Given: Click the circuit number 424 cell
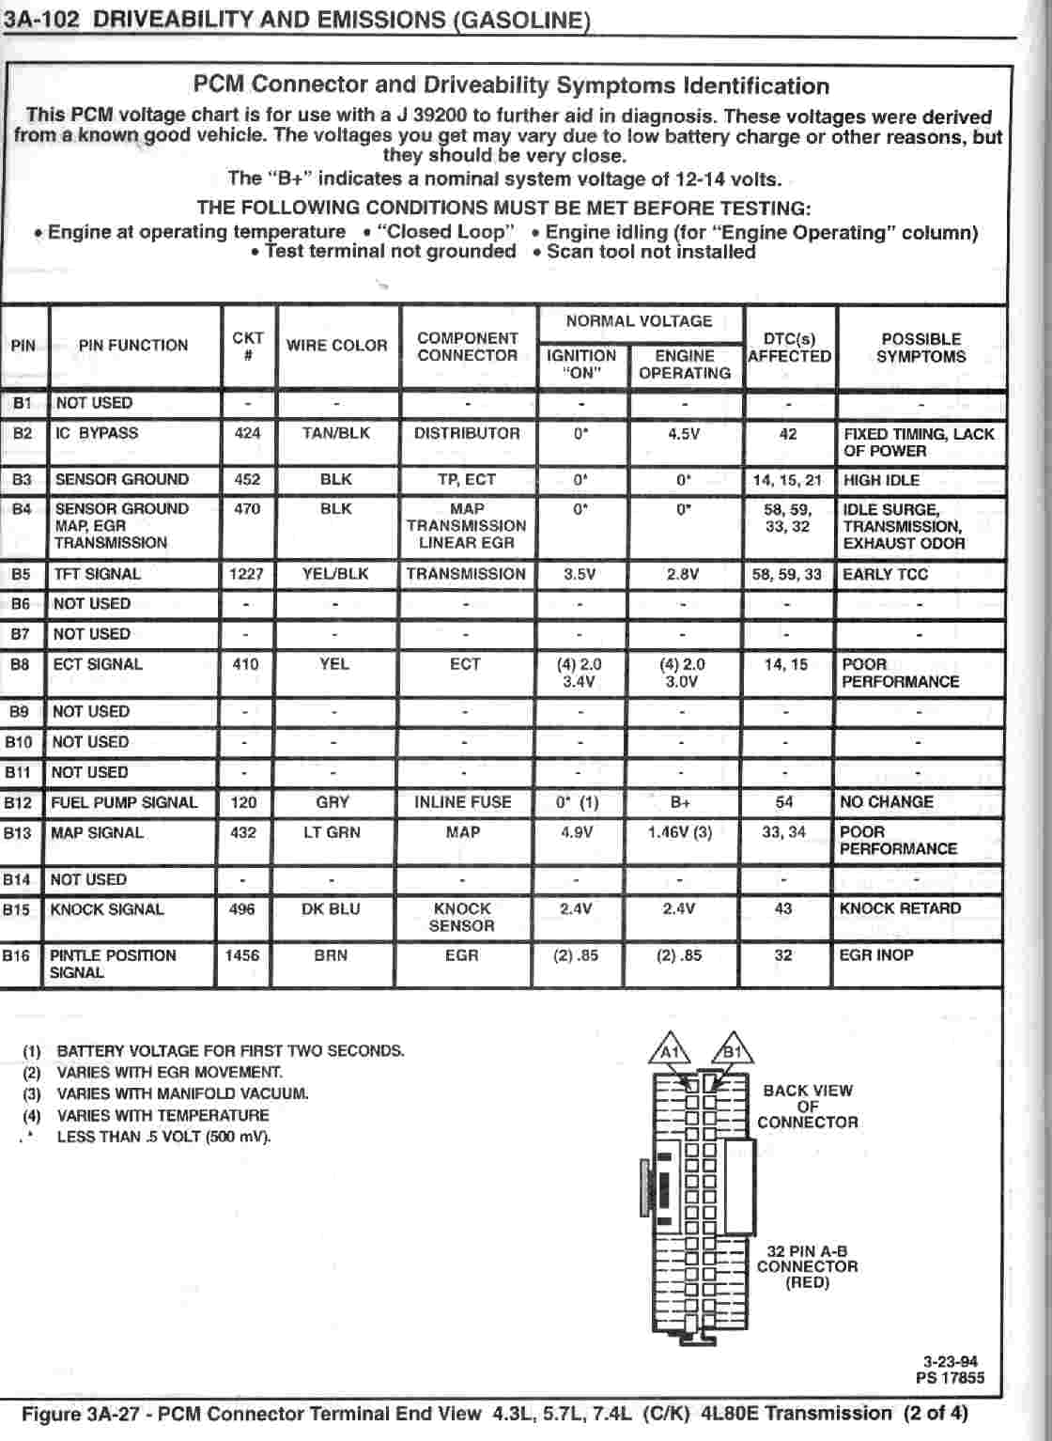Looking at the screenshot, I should (x=247, y=433).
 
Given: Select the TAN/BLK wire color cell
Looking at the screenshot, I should (x=335, y=433).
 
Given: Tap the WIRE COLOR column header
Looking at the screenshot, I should (x=336, y=346).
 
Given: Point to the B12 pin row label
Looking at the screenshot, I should (x=18, y=803).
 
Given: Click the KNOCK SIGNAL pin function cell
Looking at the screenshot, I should (x=106, y=909).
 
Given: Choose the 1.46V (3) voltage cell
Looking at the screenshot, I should (x=680, y=832).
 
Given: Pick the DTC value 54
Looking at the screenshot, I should (x=784, y=802).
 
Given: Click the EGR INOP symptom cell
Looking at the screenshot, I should (x=876, y=955).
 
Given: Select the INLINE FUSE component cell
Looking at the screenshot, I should (x=462, y=802).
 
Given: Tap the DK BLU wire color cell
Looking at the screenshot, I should (x=331, y=909).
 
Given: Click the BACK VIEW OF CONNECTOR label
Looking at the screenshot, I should (x=807, y=1107).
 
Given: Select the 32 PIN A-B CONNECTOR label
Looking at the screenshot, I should (x=807, y=1266).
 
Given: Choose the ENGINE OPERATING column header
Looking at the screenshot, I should (x=684, y=364).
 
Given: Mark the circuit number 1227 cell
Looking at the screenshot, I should (x=246, y=574).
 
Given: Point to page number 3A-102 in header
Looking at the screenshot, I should (x=40, y=20).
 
